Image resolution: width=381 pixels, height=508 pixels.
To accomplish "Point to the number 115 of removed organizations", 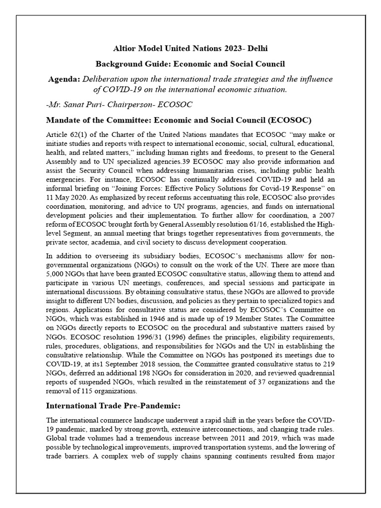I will point(85,391).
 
